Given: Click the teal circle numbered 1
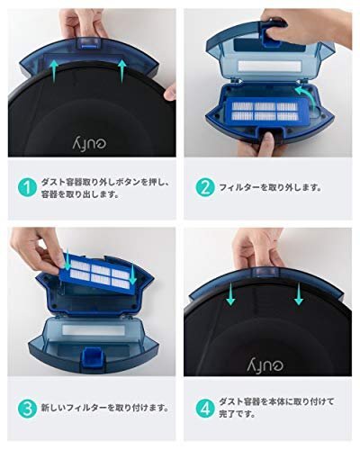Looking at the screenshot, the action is (x=27, y=188).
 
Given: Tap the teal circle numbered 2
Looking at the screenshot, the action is (x=205, y=188).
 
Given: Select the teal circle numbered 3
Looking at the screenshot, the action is (x=27, y=409).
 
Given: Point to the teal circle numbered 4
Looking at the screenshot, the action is (x=205, y=409).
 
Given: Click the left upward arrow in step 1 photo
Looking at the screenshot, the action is (x=53, y=71).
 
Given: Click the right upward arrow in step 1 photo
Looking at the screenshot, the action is (x=122, y=71).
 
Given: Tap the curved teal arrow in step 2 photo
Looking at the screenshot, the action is (x=307, y=97).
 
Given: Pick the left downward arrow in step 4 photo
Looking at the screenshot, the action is (x=230, y=294).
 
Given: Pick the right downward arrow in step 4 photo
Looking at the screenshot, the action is (x=299, y=294).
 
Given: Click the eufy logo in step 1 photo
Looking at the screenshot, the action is (x=90, y=143).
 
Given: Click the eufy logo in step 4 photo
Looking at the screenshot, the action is (x=265, y=364).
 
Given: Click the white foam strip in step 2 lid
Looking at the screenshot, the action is (x=269, y=67).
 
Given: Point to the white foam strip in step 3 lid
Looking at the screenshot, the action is (x=94, y=330).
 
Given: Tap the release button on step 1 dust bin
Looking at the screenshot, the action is (x=88, y=43).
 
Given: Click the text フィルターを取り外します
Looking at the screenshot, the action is (x=270, y=188).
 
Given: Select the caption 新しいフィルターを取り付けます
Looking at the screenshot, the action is (x=104, y=409).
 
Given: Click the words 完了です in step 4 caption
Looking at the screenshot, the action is (x=237, y=415).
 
